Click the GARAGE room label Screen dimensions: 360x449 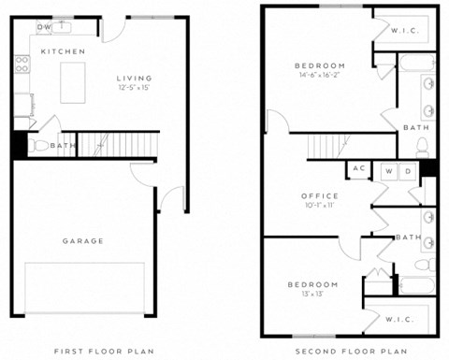(x=83, y=241)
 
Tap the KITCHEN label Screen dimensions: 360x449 (x=63, y=50)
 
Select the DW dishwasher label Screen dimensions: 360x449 (x=44, y=27)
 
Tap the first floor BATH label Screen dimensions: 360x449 (x=63, y=146)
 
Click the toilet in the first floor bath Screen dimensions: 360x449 (x=40, y=146)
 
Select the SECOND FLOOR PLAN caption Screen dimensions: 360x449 (x=351, y=351)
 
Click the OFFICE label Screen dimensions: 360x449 (x=320, y=195)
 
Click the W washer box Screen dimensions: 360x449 (x=387, y=171)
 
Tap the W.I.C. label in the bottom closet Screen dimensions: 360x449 (x=398, y=320)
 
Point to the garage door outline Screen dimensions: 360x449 (x=84, y=288)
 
